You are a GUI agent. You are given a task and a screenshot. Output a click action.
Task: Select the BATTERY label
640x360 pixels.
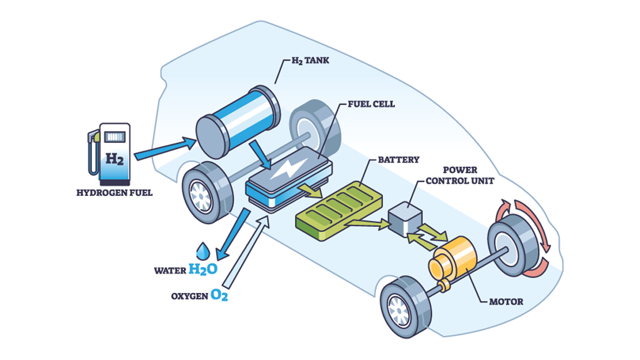coord(398,160)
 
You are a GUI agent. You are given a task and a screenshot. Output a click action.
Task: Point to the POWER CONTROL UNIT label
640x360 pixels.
coord(460,175)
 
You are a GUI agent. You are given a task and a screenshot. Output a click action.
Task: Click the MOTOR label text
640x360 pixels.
coord(506,301)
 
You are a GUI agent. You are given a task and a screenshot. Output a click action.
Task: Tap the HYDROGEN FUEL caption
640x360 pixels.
coord(114,192)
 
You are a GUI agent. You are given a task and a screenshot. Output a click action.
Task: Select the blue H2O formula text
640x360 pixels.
coord(203,270)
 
